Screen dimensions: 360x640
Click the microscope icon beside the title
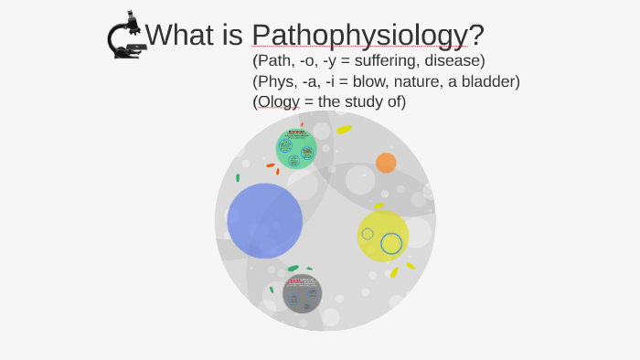pyautogui.click(x=126, y=36)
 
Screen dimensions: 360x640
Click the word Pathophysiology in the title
pyautogui.click(x=359, y=35)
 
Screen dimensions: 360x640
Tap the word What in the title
pyautogui.click(x=179, y=35)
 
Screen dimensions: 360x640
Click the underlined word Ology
pyautogui.click(x=278, y=101)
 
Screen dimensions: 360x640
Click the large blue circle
pyautogui.click(x=265, y=220)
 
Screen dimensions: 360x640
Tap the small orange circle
pyautogui.click(x=386, y=163)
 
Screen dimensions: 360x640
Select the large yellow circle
pyautogui.click(x=382, y=236)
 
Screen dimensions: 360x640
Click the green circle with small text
pyautogui.click(x=295, y=149)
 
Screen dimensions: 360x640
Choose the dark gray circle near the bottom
pyautogui.click(x=302, y=293)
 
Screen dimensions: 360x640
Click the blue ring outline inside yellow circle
pyautogui.click(x=391, y=243)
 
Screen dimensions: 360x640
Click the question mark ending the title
pyautogui.click(x=476, y=35)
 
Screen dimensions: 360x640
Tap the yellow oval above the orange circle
pyautogui.click(x=344, y=130)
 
